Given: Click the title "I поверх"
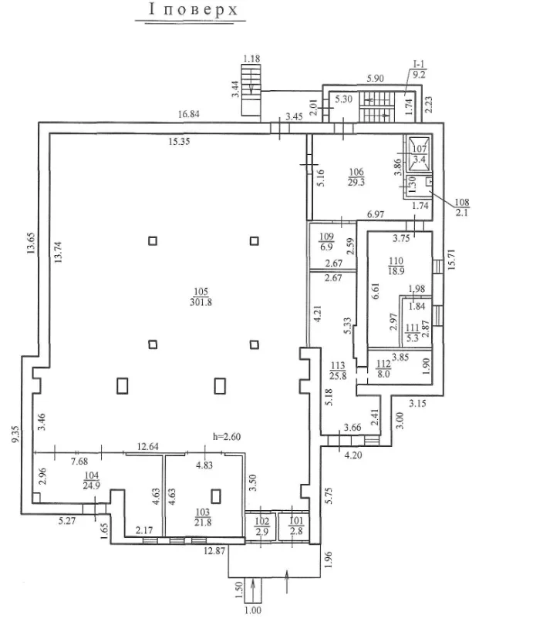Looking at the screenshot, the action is click(x=194, y=9).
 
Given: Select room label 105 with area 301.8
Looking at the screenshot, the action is click(x=201, y=297).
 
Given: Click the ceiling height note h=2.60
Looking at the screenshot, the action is click(x=227, y=436).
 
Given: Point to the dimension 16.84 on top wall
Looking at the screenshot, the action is click(x=189, y=114).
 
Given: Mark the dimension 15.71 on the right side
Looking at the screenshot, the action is click(x=452, y=259).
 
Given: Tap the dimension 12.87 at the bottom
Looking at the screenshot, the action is click(x=214, y=551).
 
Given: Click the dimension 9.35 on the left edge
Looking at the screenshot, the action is click(x=15, y=434).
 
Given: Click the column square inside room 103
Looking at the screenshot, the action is click(x=215, y=496).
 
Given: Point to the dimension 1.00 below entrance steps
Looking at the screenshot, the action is click(x=252, y=610).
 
